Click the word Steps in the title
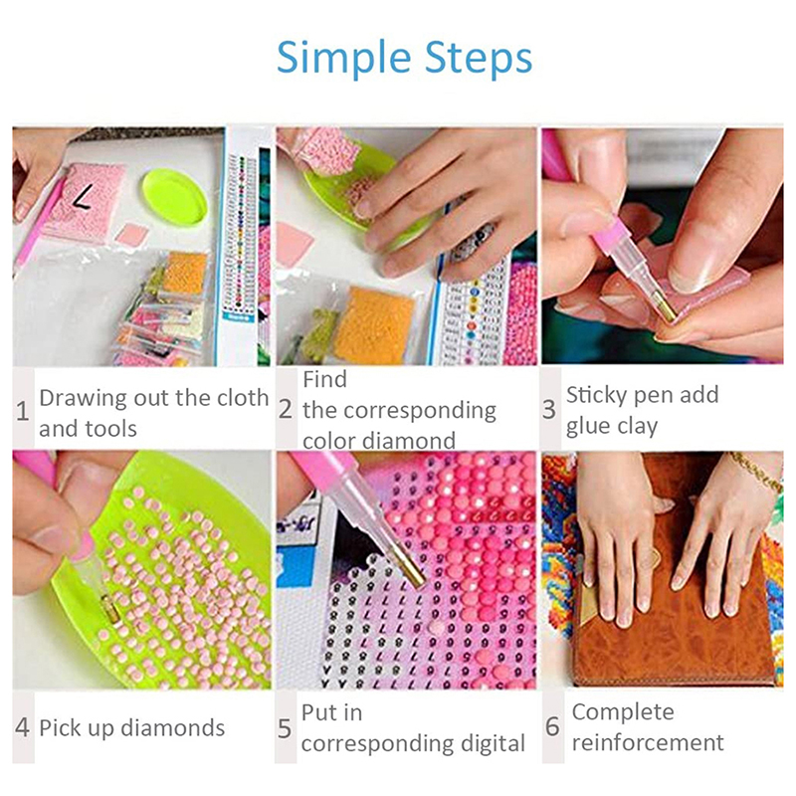coord(479,57)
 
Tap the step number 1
coord(22,411)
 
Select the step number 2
coord(286,409)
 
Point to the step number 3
coord(549,409)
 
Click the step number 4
coord(22,727)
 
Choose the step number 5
coord(285,728)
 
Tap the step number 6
coord(552,726)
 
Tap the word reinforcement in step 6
coord(648,742)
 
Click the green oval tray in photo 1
coord(175,196)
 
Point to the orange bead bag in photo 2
coord(375,325)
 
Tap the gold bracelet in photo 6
coord(754,471)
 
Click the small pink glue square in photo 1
coord(132,235)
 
